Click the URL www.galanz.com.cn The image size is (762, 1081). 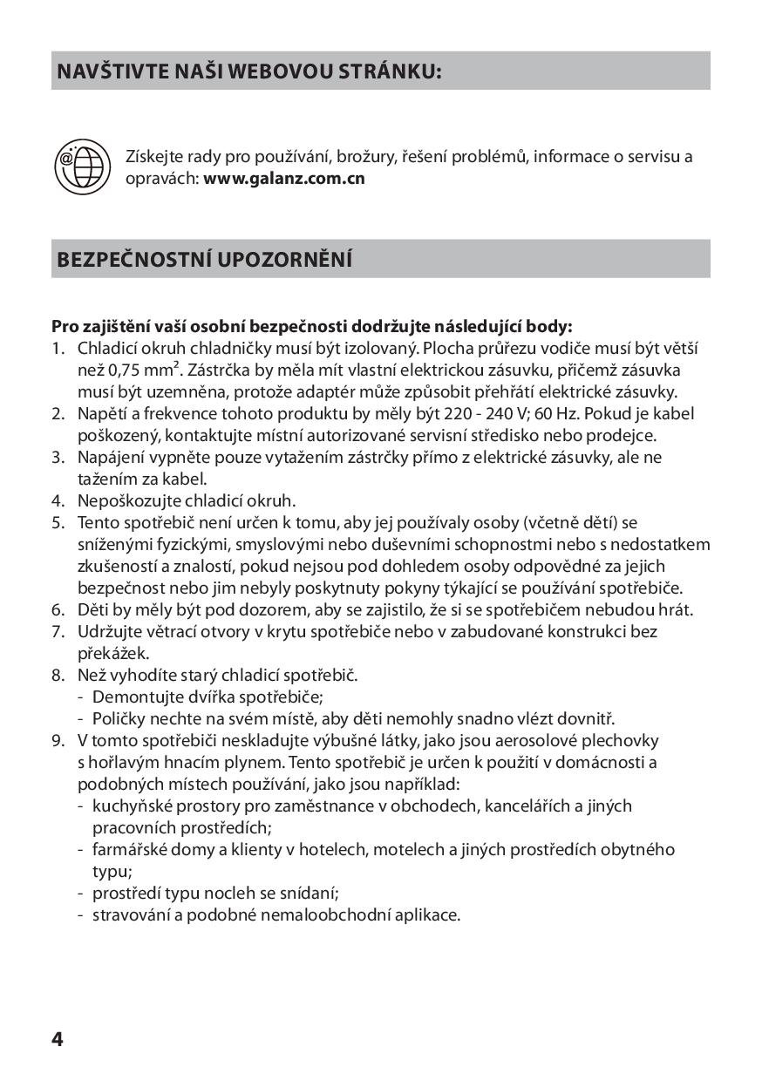click(283, 179)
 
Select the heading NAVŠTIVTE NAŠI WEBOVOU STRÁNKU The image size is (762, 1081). click(248, 71)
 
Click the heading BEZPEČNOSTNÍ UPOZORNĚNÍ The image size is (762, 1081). click(204, 260)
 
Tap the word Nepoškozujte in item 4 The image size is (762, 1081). click(129, 500)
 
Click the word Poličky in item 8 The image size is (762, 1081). click(119, 718)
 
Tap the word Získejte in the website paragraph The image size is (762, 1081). click(155, 157)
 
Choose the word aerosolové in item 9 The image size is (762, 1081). click(554, 740)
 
